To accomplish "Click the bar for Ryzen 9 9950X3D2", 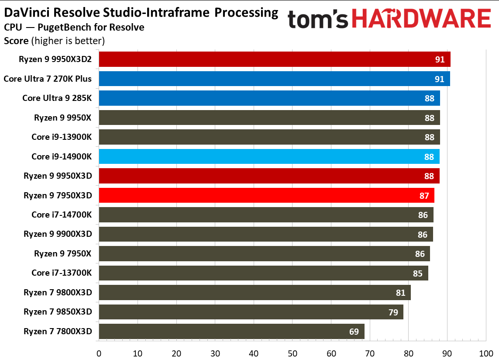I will coord(274,59).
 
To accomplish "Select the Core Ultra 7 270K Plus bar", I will coord(274,79).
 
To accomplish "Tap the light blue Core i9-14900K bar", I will coord(269,156).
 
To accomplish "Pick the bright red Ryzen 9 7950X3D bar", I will coord(266,195).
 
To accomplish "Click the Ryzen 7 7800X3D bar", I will coord(231,331).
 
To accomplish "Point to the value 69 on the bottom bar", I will coord(354,331).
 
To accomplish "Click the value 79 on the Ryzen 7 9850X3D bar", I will coord(393,312).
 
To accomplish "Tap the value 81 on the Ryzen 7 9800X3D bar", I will coord(401,293).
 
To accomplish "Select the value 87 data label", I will coord(424,195).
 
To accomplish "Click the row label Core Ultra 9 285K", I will coord(57,98).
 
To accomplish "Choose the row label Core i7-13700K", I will coord(62,273).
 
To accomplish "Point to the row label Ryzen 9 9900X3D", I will coord(58,234).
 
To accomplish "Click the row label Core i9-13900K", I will coord(62,137).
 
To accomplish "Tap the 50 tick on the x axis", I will coord(292,353).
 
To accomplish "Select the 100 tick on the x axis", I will coord(485,353).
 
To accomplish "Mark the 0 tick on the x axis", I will coord(99,353).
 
